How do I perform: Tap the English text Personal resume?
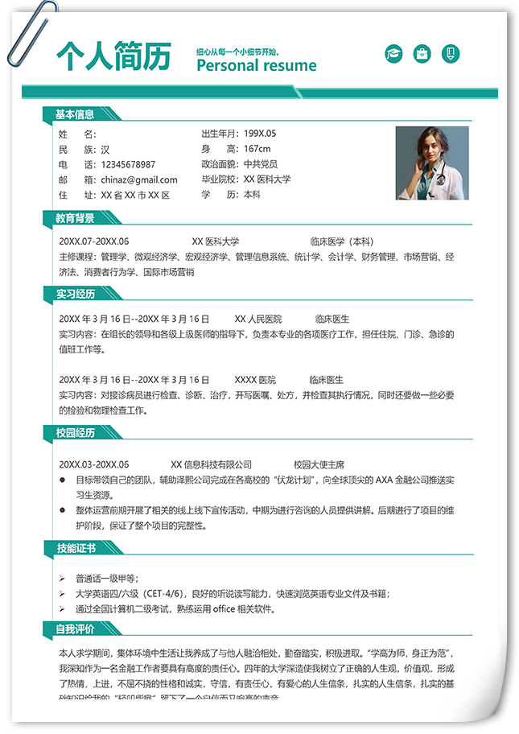[256, 66]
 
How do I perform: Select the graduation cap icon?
[393, 55]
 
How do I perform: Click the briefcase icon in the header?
[422, 55]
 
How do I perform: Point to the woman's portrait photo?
[431, 163]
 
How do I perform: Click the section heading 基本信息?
[75, 115]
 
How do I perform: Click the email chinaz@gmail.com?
[139, 179]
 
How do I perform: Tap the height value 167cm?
[257, 149]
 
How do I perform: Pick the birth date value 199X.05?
[260, 134]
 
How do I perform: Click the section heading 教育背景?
[75, 218]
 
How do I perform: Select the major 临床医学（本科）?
[342, 241]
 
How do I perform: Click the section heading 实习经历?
[75, 294]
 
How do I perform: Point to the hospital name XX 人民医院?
[258, 319]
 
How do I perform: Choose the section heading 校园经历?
[75, 433]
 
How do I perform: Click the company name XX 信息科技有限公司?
[212, 464]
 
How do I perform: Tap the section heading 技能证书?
[75, 548]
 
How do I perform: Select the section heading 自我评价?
[75, 629]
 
